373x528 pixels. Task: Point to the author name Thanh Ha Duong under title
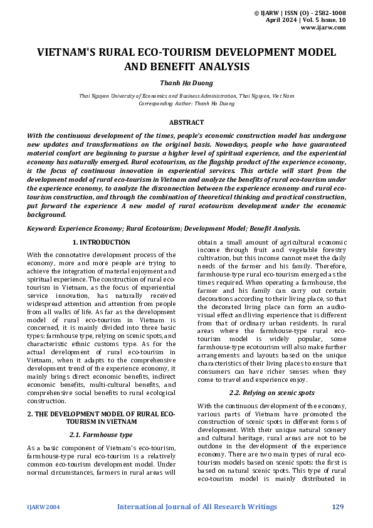pos(186,82)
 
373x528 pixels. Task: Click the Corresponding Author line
pos(186,103)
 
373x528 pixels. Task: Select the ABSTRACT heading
pos(186,123)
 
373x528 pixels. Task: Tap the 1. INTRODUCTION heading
pos(101,242)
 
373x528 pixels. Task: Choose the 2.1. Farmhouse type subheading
pos(101,435)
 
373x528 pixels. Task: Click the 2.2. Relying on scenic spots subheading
pos(271,392)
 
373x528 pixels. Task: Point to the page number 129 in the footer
pos(337,507)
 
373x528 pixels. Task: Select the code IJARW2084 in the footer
pos(43,507)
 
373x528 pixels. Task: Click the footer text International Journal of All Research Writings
pos(197,507)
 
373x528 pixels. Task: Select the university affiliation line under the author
pos(186,96)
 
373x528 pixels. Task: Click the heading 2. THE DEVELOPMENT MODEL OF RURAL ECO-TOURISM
pos(101,418)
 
